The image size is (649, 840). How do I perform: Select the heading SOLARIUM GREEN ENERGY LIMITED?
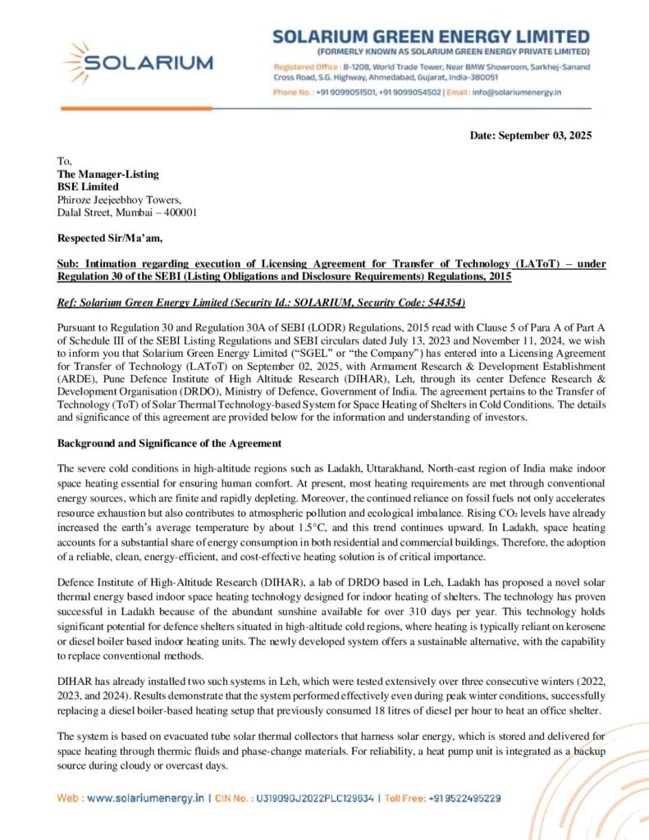(x=431, y=37)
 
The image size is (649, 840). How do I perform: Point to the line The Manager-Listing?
(x=107, y=174)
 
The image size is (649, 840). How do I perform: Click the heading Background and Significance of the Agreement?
(x=169, y=443)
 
